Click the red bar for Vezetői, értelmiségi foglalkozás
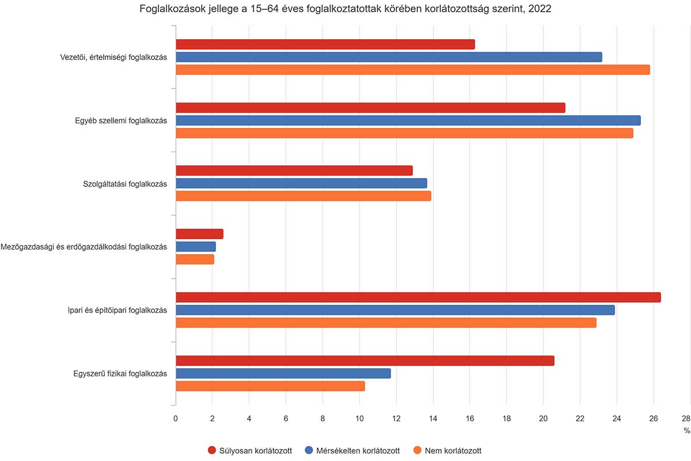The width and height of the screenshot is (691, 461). pos(325,44)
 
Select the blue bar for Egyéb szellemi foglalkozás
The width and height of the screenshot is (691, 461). pos(408,120)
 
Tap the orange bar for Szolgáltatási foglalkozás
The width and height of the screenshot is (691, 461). pos(303,196)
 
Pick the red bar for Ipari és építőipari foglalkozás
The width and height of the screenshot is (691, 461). pos(418,297)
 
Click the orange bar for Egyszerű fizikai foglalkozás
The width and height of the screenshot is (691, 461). pos(270,386)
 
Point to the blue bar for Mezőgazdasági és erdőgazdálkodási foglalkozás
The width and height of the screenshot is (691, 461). pos(195,247)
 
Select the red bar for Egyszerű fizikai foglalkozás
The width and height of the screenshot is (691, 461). pos(365,361)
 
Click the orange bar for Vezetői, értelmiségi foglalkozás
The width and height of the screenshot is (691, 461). pos(412,70)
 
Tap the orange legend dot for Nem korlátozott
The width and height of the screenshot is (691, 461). pos(418,451)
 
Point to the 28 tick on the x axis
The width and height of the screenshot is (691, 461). pos(685,419)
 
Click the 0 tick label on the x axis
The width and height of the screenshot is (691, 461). pos(176,419)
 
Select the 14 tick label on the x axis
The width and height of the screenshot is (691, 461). pos(433,419)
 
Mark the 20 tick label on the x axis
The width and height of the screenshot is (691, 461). pos(543,419)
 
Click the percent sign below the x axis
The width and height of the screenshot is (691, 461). pos(686,430)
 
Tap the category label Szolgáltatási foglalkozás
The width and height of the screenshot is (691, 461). pos(125,184)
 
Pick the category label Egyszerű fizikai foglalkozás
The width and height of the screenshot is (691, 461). pos(120,373)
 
